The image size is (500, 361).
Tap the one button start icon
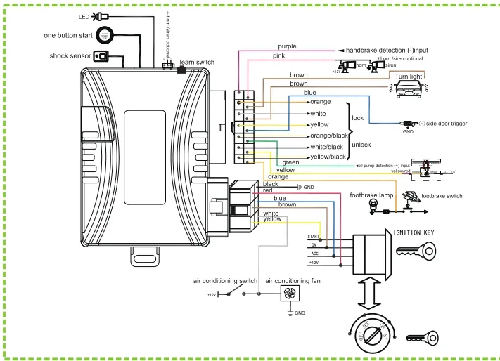coord(104,34)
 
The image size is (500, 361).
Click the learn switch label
coord(198,63)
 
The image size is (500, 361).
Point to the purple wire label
coord(287,46)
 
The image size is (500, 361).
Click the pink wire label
coord(279,55)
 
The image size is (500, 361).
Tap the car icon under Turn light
coord(407,88)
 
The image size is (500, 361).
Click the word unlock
coord(361,145)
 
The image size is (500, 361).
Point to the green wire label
coord(290,162)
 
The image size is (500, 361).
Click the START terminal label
coord(314,237)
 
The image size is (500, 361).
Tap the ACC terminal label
coord(314,254)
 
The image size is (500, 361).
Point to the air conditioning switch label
coord(225,281)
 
